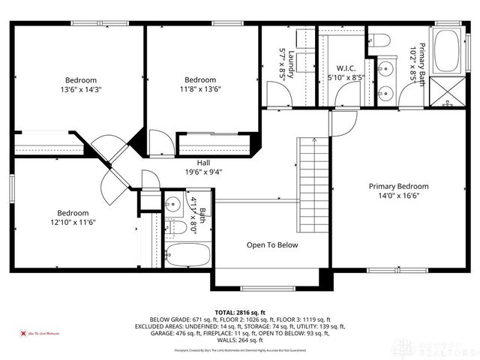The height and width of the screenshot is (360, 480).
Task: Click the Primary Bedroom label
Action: (397, 186)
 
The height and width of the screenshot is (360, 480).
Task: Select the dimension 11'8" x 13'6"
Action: (200, 89)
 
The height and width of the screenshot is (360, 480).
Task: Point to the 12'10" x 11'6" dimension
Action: (73, 222)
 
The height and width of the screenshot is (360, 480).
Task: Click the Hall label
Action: (203, 163)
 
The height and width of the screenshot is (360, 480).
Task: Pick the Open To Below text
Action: (272, 245)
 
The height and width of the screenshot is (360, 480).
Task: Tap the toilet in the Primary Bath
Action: (379, 40)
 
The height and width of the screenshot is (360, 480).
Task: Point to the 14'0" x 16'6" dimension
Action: (397, 196)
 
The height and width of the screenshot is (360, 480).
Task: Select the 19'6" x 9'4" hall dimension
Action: (203, 172)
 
